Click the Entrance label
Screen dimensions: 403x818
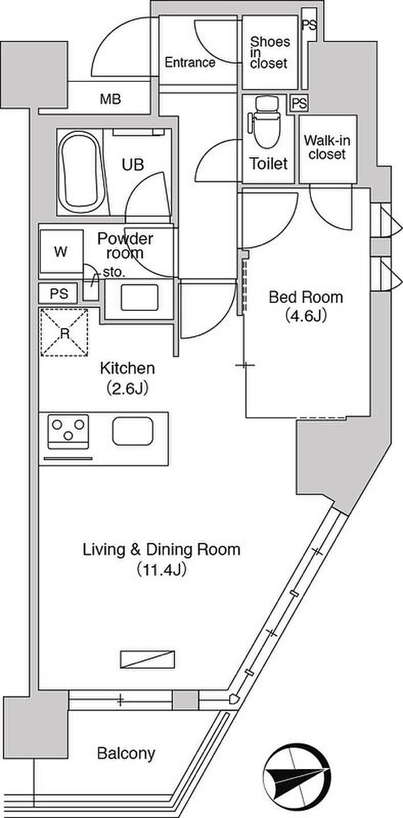point(189,62)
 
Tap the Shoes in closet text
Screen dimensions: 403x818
point(269,52)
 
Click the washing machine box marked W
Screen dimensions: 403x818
point(61,251)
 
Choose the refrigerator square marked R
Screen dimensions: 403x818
point(64,332)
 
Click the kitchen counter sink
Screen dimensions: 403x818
point(132,431)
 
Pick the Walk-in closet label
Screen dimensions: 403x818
point(326,147)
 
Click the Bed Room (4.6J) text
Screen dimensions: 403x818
point(306,306)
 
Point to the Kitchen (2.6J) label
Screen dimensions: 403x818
point(127,378)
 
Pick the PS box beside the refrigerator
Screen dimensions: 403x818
point(59,293)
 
